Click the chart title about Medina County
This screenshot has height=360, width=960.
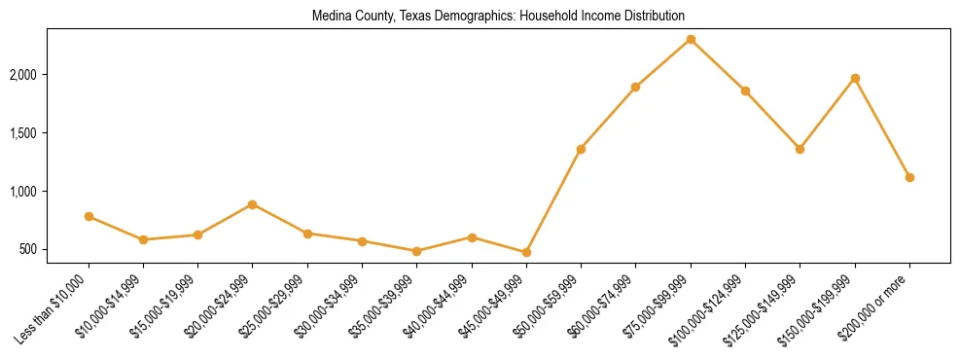498,17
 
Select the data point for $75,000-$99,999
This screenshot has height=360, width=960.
691,39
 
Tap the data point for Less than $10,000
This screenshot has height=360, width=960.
89,216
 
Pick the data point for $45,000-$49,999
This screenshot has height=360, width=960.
526,252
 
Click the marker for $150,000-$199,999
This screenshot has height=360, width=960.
855,78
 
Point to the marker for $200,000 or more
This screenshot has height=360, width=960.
909,177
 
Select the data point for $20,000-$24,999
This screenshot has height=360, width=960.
253,204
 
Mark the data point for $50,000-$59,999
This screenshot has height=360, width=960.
581,149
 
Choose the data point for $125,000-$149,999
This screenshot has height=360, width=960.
800,149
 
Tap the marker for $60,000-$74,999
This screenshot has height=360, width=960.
635,87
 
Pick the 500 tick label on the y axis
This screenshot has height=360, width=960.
55,250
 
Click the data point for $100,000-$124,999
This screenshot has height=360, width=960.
745,90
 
